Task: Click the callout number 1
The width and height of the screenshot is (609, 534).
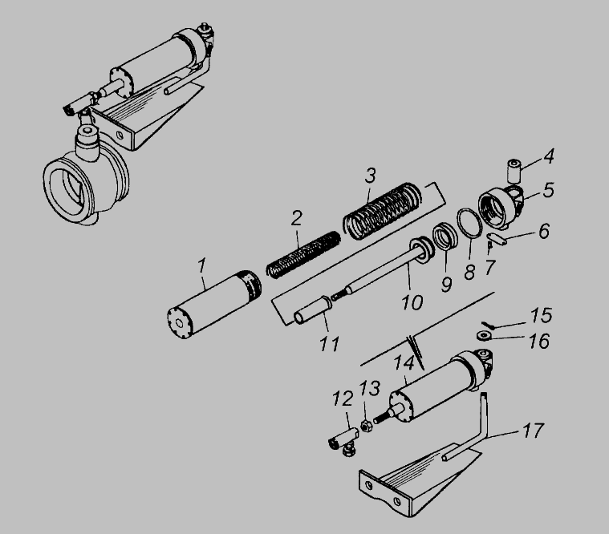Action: [x=201, y=266]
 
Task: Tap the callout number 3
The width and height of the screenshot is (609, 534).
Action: [x=371, y=176]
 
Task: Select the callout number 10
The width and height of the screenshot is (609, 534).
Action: [x=412, y=302]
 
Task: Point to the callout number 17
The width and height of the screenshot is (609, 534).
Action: [x=534, y=431]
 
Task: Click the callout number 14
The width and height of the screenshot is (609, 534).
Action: [x=404, y=364]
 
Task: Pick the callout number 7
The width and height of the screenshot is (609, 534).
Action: [x=490, y=267]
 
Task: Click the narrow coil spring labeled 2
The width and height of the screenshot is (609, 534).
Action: [x=304, y=254]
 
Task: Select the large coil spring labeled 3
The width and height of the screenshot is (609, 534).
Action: [x=383, y=211]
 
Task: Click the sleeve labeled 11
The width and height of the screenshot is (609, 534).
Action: [x=313, y=309]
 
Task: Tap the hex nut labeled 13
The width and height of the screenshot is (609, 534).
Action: [x=365, y=426]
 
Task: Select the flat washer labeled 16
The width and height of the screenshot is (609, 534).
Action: [x=484, y=336]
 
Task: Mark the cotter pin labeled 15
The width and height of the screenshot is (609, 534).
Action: [x=487, y=326]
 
